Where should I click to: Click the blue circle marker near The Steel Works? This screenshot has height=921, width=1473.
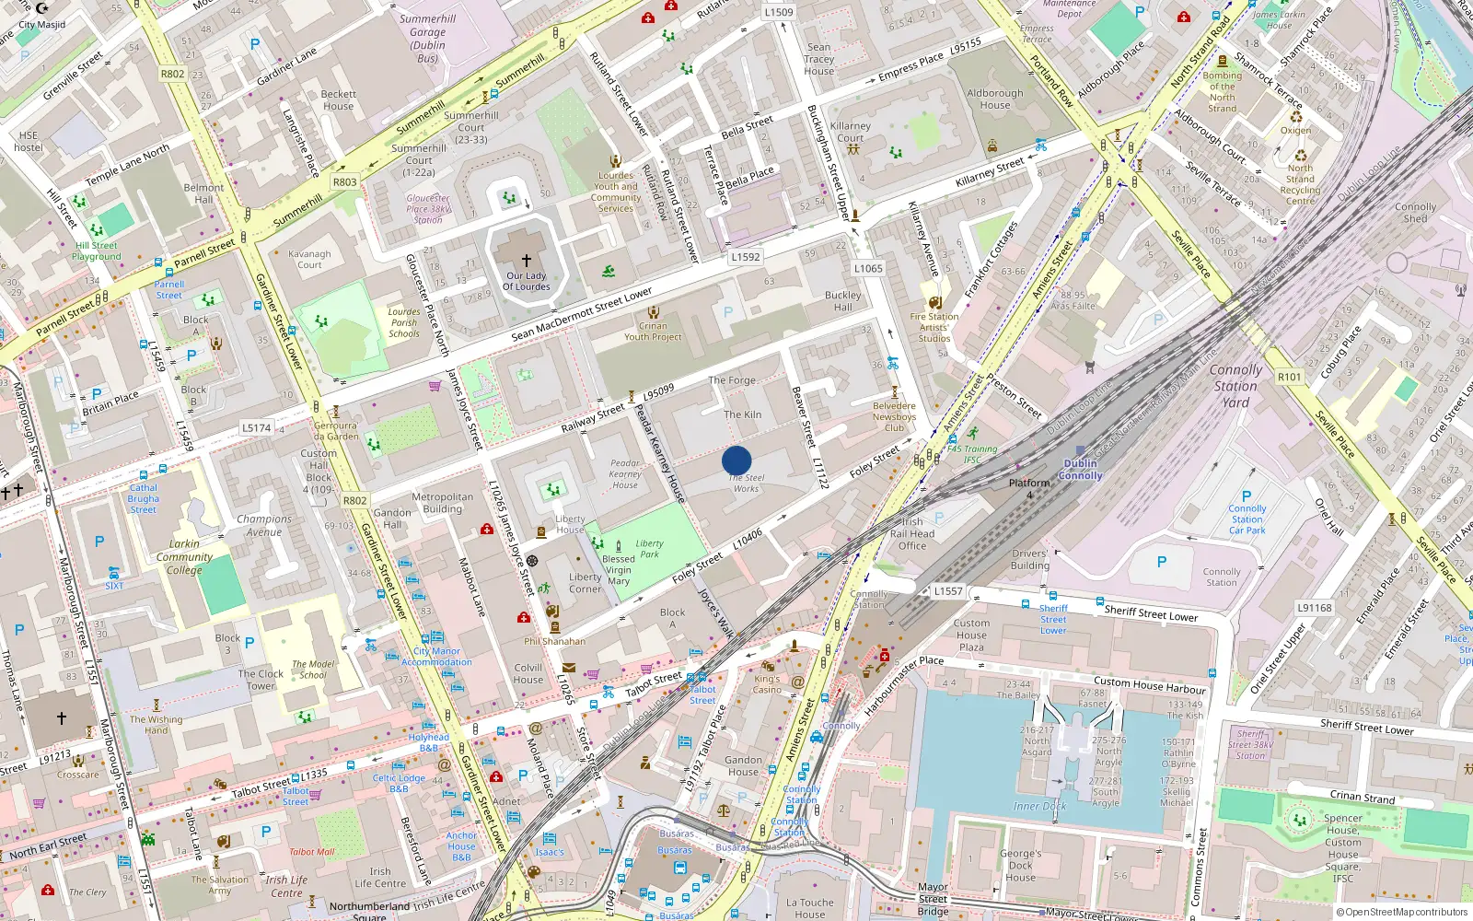pyautogui.click(x=736, y=460)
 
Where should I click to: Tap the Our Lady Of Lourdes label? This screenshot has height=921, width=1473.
pyautogui.click(x=527, y=281)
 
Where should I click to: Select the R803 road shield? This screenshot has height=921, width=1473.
pyautogui.click(x=345, y=182)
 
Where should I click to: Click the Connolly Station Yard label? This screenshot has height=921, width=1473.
pyautogui.click(x=1235, y=386)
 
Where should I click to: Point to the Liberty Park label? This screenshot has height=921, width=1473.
pyautogui.click(x=649, y=549)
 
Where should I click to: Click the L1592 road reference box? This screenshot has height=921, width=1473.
pyautogui.click(x=746, y=257)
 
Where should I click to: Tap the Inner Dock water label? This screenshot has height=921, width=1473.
pyautogui.click(x=1039, y=806)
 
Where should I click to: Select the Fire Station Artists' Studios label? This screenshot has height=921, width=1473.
pyautogui.click(x=934, y=327)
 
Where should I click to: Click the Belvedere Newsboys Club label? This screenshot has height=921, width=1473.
pyautogui.click(x=894, y=416)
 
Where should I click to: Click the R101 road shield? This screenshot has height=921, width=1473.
pyautogui.click(x=1290, y=377)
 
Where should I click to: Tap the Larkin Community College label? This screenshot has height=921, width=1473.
pyautogui.click(x=184, y=556)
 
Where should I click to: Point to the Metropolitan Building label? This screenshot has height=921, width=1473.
pyautogui.click(x=443, y=503)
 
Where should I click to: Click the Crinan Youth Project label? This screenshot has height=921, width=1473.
pyautogui.click(x=653, y=332)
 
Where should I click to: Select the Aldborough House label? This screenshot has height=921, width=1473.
pyautogui.click(x=994, y=99)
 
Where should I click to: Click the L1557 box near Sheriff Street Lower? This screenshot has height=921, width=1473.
pyautogui.click(x=948, y=591)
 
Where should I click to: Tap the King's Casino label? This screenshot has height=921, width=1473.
pyautogui.click(x=767, y=684)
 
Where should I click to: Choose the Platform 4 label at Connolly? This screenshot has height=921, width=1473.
pyautogui.click(x=1029, y=488)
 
